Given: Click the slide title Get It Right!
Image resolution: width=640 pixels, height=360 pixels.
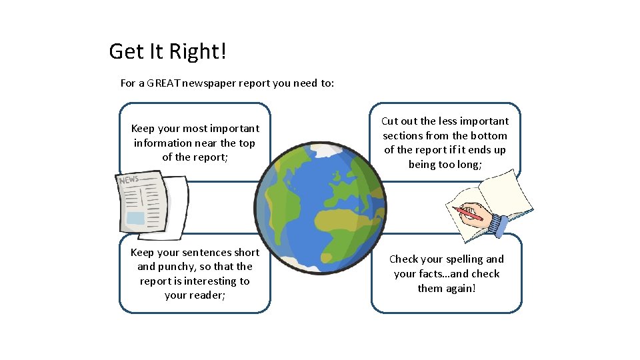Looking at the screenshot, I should click(168, 51).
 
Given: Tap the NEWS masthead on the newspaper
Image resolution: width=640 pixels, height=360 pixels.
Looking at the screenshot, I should click(128, 179).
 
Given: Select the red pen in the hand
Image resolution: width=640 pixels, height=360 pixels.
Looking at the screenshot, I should click(467, 213).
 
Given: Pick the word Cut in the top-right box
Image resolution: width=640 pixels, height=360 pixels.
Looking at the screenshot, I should click(389, 121).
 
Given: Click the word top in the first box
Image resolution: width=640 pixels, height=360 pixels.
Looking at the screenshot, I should click(247, 143).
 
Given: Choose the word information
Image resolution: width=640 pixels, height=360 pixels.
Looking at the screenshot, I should click(163, 143).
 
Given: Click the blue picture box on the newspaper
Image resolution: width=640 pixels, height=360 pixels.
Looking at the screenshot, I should click(135, 218).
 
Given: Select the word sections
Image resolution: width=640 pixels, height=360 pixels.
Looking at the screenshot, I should click(403, 136).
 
